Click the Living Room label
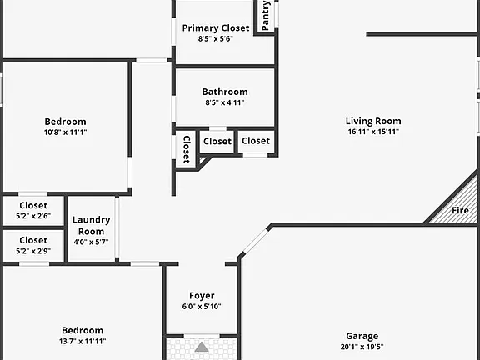pos(373,121)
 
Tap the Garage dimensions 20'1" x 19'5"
pos(362,347)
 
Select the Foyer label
pos(202,296)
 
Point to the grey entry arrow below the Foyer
pos(202,347)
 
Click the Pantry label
pos(265,15)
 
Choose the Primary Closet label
pos(216,28)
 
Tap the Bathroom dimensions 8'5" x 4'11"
pos(225,102)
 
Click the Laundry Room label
pos(91,225)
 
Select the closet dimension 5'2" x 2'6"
pos(33,216)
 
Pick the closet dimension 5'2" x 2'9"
pos(33,251)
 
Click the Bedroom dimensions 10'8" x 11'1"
pos(65,132)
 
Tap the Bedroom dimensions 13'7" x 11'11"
pos(82,341)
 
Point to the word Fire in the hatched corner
pos(460,210)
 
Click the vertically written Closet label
pos(187,149)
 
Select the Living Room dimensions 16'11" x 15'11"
pos(373,132)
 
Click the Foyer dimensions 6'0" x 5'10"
pos(202,306)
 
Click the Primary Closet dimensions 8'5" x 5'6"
pos(216,39)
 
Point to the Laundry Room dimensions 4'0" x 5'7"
pos(91,242)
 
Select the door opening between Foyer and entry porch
pos(202,336)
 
